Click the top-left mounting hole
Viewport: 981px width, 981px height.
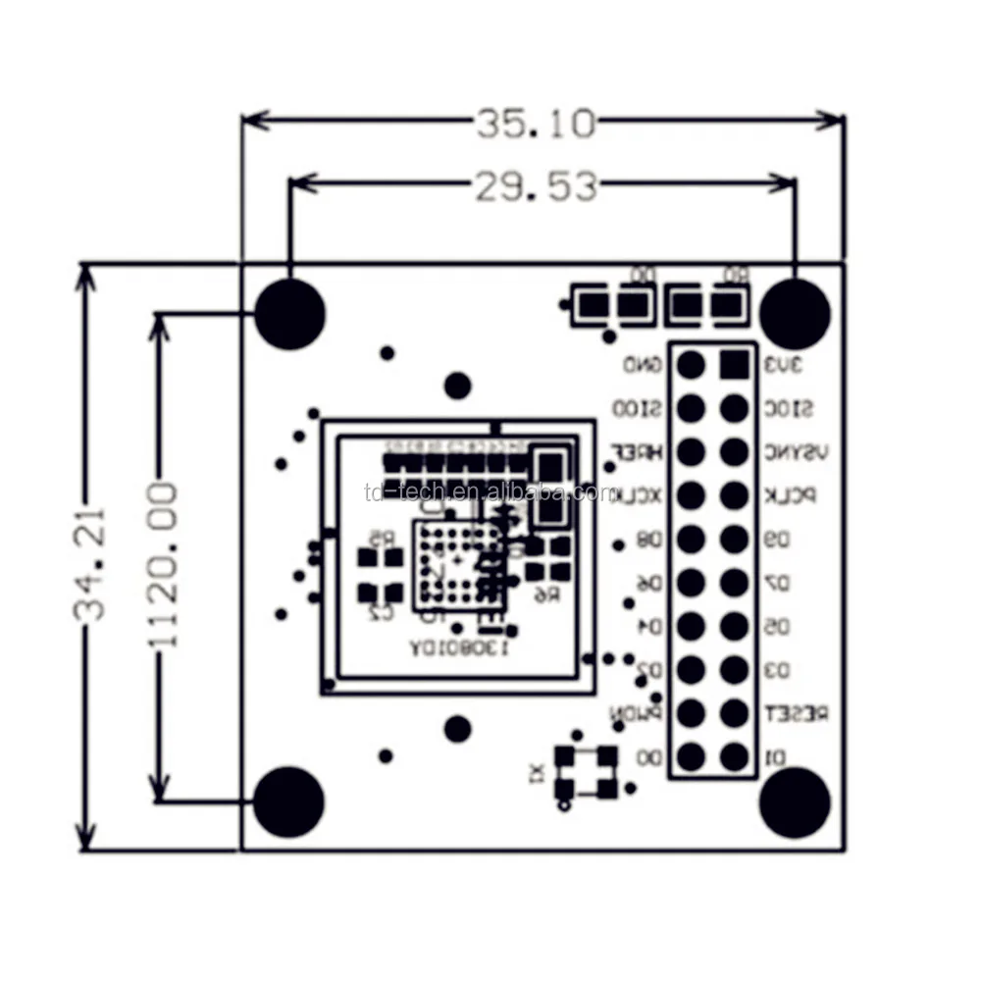289,314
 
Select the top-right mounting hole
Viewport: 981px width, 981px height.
795,314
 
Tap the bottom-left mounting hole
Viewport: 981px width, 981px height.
288,801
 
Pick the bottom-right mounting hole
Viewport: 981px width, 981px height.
795,801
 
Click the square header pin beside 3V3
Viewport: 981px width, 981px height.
734,365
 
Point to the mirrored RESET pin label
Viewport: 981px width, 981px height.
795,713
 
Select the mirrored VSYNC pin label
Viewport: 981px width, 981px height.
794,452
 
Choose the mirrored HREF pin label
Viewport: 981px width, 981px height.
639,452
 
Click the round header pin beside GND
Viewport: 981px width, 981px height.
691,365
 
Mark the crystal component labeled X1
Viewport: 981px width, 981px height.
586,771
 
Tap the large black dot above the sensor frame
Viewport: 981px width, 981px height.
457,386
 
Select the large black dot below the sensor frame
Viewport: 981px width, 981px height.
457,729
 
